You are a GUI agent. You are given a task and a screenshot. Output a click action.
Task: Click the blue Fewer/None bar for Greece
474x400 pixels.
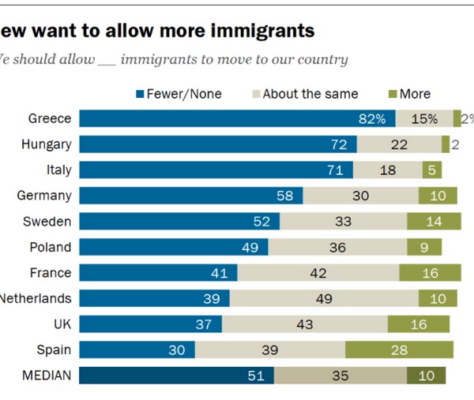click(x=237, y=118)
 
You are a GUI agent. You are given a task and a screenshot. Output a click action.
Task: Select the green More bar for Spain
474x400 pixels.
click(x=399, y=350)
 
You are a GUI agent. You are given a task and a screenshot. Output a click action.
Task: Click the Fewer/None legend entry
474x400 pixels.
click(x=179, y=94)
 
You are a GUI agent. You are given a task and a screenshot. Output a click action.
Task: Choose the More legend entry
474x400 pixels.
click(x=408, y=94)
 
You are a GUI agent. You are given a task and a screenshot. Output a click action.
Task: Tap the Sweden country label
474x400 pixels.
click(x=50, y=221)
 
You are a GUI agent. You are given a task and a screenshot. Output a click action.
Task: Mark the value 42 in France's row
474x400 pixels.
click(x=318, y=273)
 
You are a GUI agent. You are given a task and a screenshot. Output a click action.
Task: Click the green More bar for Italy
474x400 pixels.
click(x=432, y=170)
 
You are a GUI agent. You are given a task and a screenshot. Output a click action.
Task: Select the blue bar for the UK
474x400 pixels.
click(x=150, y=324)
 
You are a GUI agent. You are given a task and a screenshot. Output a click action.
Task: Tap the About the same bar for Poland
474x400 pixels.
click(x=337, y=247)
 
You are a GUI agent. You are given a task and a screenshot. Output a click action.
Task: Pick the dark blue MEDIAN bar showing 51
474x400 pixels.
click(x=176, y=376)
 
